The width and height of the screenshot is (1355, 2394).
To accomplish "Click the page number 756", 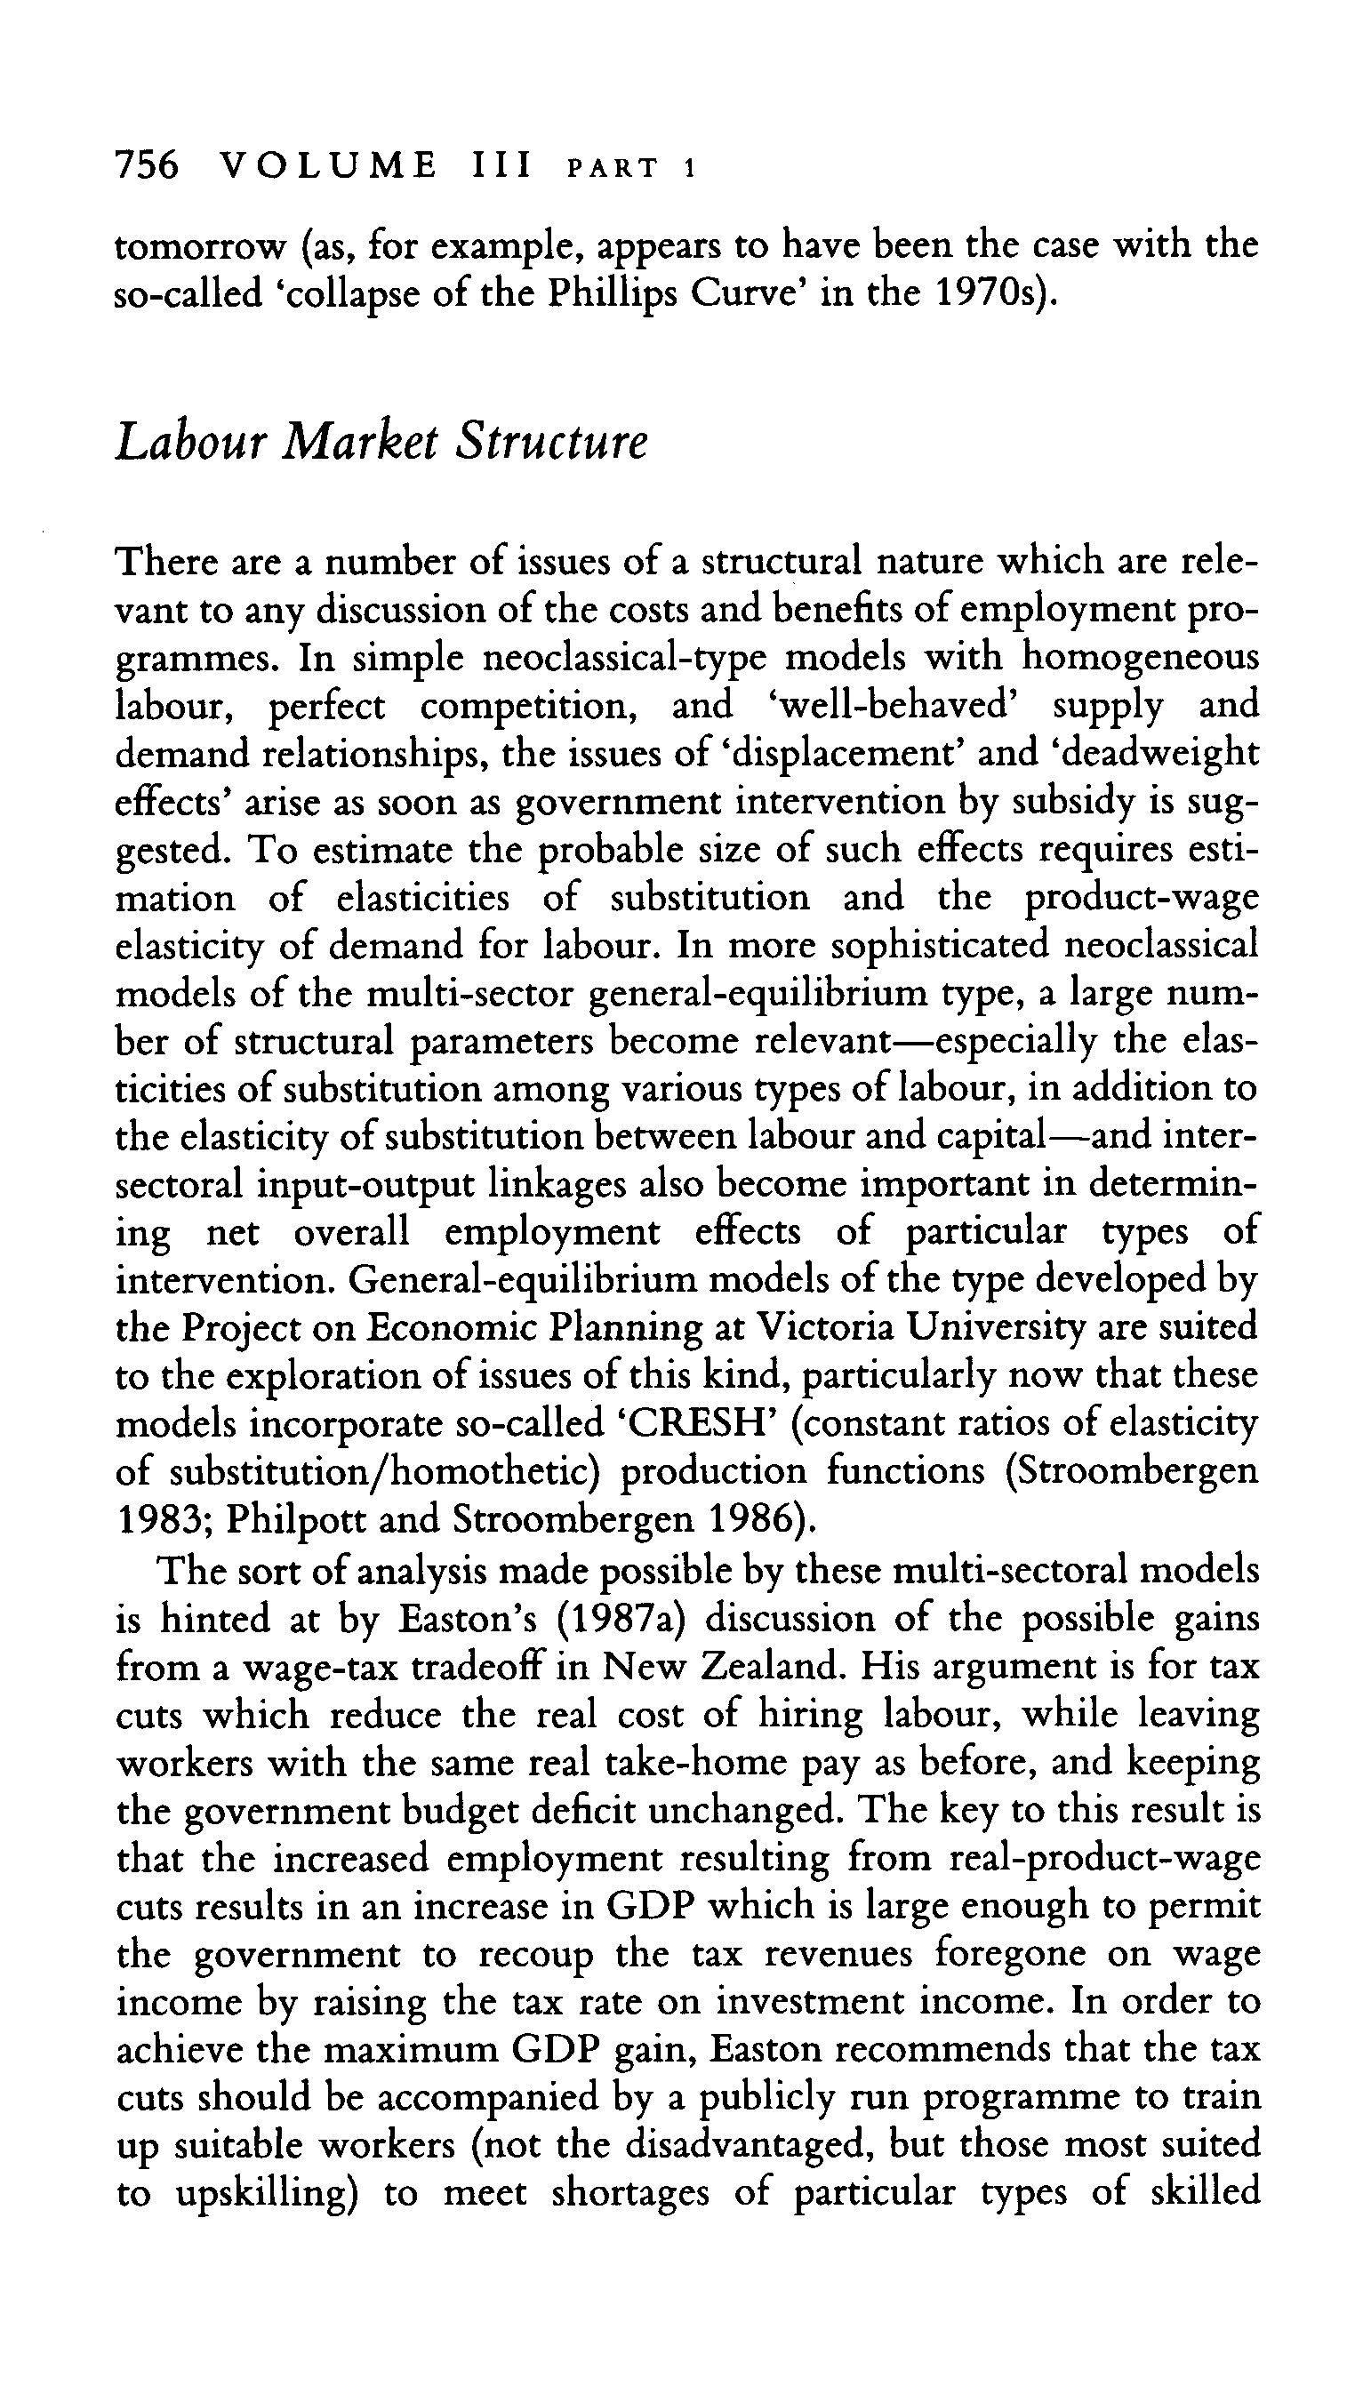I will click(146, 166).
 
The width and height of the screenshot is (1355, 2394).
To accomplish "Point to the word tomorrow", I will click(199, 246).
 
